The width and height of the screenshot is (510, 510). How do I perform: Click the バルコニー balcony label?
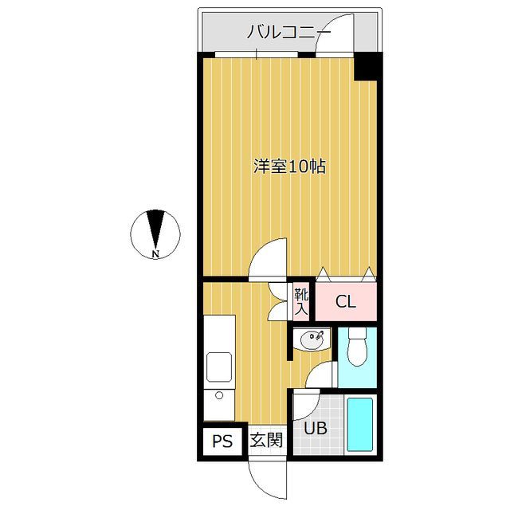[288, 32]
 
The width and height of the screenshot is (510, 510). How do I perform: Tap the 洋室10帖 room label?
[288, 167]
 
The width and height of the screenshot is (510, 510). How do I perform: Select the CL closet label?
[344, 302]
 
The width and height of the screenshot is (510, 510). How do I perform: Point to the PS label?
[222, 441]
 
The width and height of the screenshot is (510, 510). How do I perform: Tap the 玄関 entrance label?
[265, 440]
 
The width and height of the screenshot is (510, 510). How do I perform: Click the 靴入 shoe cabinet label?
[302, 301]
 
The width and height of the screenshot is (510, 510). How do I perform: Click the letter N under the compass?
[155, 254]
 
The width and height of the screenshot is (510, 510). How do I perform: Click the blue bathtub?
[361, 426]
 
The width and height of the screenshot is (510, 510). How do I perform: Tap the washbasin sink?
[309, 341]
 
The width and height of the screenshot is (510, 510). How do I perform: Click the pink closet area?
[346, 301]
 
